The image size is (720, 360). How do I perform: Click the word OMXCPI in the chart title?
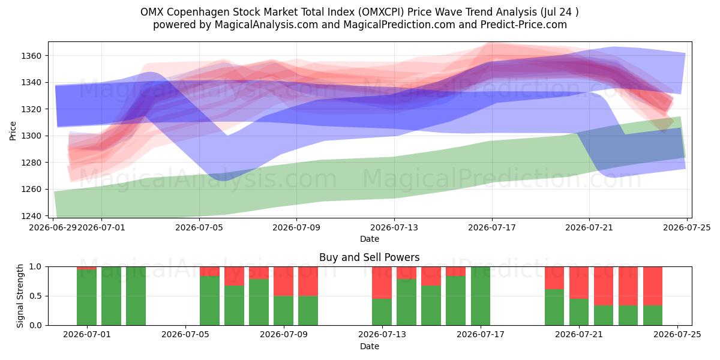tap(381, 12)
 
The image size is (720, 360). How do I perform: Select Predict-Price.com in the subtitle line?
tap(524, 25)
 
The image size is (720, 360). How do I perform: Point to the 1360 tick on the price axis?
tap(31, 56)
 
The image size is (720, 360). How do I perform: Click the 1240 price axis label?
tap(31, 216)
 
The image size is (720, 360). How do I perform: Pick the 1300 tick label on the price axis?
tap(31, 136)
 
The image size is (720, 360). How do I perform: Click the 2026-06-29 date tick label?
tap(53, 227)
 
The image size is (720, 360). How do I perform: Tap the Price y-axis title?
tap(13, 131)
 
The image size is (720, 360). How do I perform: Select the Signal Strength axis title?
tap(20, 296)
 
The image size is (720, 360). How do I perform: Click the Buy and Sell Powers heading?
tap(370, 257)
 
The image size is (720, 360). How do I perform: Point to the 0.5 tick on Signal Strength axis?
tap(35, 296)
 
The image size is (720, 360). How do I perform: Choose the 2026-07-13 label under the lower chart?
tap(382, 335)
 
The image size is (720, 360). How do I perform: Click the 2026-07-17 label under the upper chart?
tap(492, 227)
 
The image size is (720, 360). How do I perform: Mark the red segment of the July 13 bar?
tap(382, 283)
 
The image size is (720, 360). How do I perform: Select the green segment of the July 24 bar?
tap(653, 316)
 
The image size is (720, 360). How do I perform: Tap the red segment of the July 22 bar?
tap(604, 286)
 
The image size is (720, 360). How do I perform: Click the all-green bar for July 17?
tap(481, 296)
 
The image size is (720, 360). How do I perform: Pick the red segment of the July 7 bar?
tap(235, 276)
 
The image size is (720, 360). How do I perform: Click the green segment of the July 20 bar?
tap(554, 307)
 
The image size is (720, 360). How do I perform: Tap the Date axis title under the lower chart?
tap(370, 346)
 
